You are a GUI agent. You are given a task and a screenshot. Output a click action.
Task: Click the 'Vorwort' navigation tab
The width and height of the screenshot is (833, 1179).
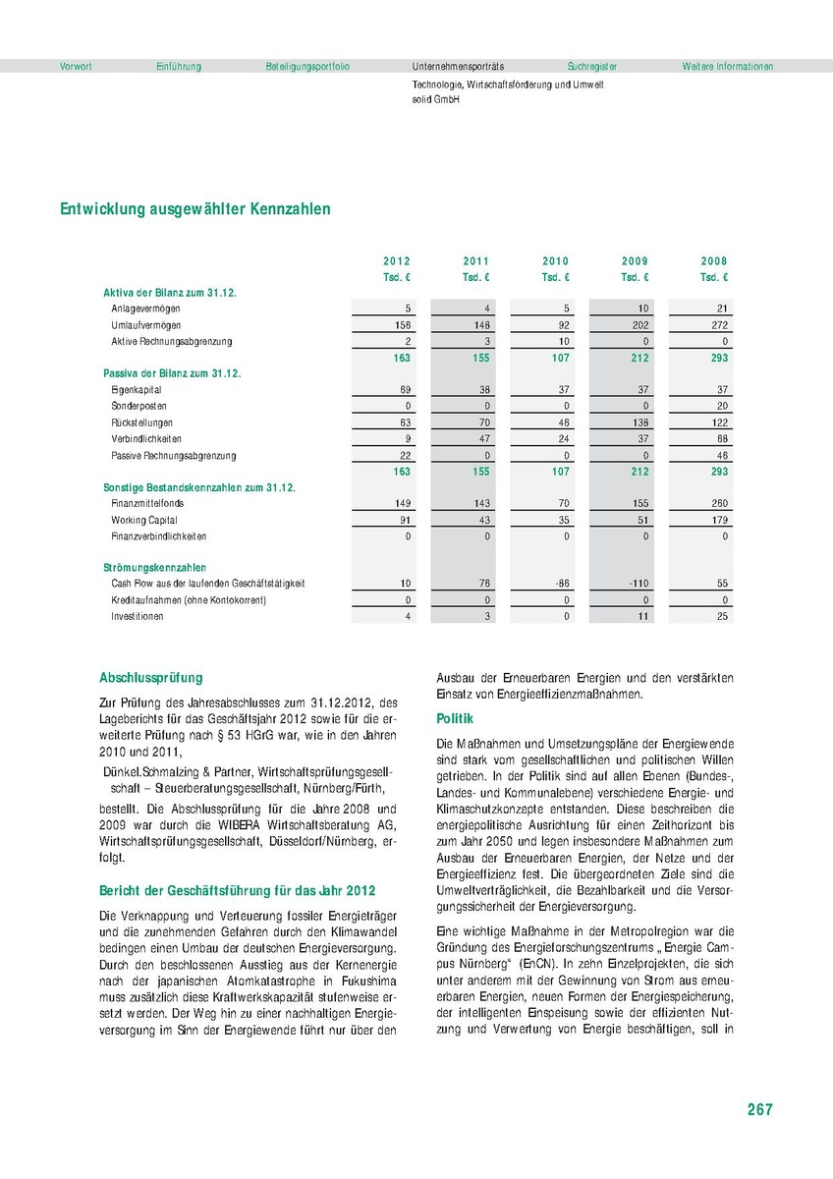coord(76,67)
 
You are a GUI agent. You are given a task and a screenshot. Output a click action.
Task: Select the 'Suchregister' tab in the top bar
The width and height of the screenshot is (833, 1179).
coord(592,67)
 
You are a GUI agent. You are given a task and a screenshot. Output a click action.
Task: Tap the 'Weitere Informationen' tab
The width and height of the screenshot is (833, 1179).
coord(728,67)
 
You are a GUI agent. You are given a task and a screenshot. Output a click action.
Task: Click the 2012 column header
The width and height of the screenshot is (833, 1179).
coord(397,261)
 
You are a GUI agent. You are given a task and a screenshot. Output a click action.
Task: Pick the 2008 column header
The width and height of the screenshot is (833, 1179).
coord(714,261)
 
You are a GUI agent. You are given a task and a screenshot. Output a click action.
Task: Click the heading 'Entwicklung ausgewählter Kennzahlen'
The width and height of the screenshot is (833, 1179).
coord(195,209)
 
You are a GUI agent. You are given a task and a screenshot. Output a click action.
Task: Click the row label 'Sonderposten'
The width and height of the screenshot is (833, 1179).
coord(139,407)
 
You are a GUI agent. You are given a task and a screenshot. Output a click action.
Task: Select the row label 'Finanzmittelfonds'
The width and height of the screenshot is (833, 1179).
coord(146,504)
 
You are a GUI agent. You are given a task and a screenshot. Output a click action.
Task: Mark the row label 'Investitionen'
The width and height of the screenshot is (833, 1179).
coord(138,617)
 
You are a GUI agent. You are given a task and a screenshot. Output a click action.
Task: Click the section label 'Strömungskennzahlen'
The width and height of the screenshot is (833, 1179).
coord(154,568)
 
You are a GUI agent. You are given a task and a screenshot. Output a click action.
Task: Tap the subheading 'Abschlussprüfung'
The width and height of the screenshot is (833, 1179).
coord(151,678)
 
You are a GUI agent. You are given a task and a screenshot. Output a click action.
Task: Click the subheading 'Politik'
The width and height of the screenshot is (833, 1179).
coord(455,720)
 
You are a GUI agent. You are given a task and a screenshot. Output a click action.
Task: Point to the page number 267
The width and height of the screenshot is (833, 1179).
coord(759,1110)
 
